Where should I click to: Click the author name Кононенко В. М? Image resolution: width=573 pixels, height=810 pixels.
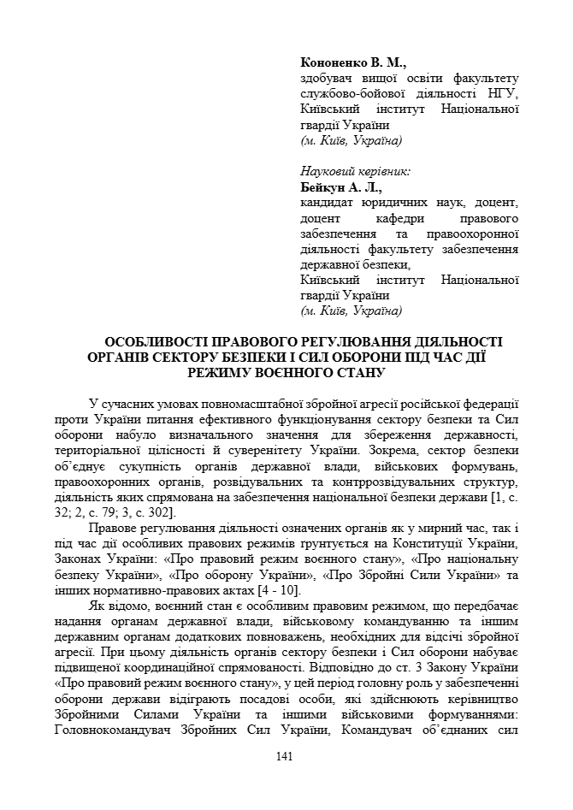(x=353, y=63)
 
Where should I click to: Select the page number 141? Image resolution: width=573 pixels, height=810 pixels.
(x=286, y=756)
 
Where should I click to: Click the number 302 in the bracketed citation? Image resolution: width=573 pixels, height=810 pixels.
(x=162, y=511)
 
